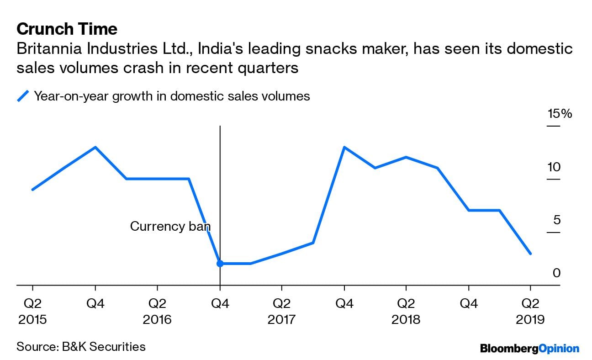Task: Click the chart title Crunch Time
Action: coord(67,29)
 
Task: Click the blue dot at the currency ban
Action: coord(220,264)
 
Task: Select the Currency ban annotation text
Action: coord(170,226)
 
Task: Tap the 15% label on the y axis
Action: coord(560,114)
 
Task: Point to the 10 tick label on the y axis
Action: coord(554,167)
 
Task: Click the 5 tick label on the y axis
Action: coord(556,220)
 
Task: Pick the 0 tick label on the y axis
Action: coord(556,273)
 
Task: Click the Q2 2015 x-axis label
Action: coord(32,311)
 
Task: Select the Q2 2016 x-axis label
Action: coord(157,311)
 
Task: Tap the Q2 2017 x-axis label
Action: coord(282,311)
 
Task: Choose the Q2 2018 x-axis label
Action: coord(406,311)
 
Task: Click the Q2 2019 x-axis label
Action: coord(530,311)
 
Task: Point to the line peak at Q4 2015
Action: coord(95,147)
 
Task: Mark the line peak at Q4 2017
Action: coord(344,147)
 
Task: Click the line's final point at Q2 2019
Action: coord(530,254)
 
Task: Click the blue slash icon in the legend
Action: coord(23,96)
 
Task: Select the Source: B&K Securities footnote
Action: coord(81,347)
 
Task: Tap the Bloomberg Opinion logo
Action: coord(529,349)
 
